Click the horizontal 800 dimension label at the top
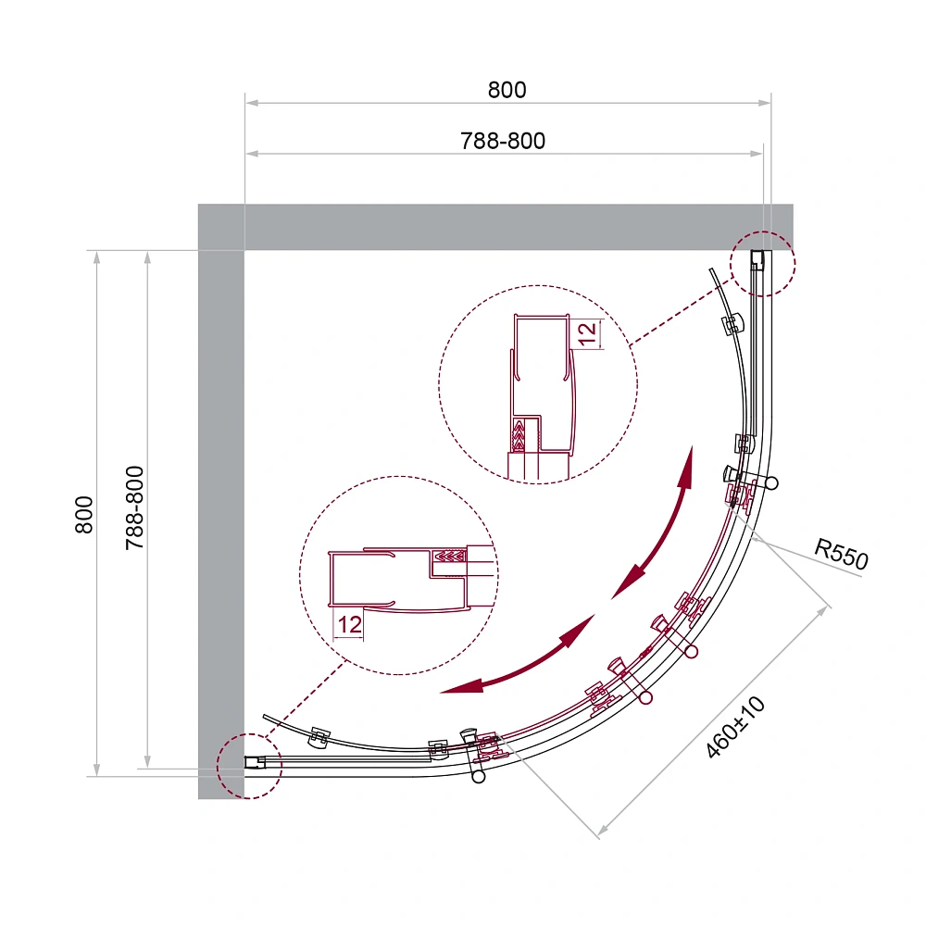tap(507, 90)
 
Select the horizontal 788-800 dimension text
tap(503, 141)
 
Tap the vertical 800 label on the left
tap(84, 515)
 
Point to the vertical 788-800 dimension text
tap(134, 507)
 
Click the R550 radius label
tap(842, 554)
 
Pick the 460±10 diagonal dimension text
tap(735, 727)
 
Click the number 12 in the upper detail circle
tap(587, 334)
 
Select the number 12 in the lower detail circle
tap(350, 624)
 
